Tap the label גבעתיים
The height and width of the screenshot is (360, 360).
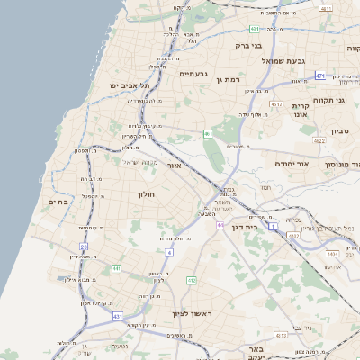pyautogui.click(x=193, y=74)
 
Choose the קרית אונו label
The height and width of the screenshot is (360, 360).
pyautogui.click(x=301, y=110)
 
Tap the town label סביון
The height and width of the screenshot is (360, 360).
pyautogui.click(x=339, y=131)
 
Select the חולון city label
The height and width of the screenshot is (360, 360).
pyautogui.click(x=147, y=194)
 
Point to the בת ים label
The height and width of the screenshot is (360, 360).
pyautogui.click(x=58, y=202)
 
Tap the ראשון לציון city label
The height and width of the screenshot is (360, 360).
pyautogui.click(x=191, y=314)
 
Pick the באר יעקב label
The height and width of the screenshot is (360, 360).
pyautogui.click(x=256, y=352)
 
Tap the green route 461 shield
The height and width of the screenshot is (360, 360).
pyautogui.click(x=208, y=134)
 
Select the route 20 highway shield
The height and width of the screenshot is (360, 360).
pyautogui.click(x=84, y=246)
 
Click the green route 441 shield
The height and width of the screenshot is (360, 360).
pyautogui.click(x=117, y=268)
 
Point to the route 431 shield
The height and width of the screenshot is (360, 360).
pyautogui.click(x=118, y=317)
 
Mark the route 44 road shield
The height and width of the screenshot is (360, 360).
pyautogui.click(x=220, y=225)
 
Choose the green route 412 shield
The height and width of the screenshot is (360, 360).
pyautogui.click(x=192, y=281)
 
